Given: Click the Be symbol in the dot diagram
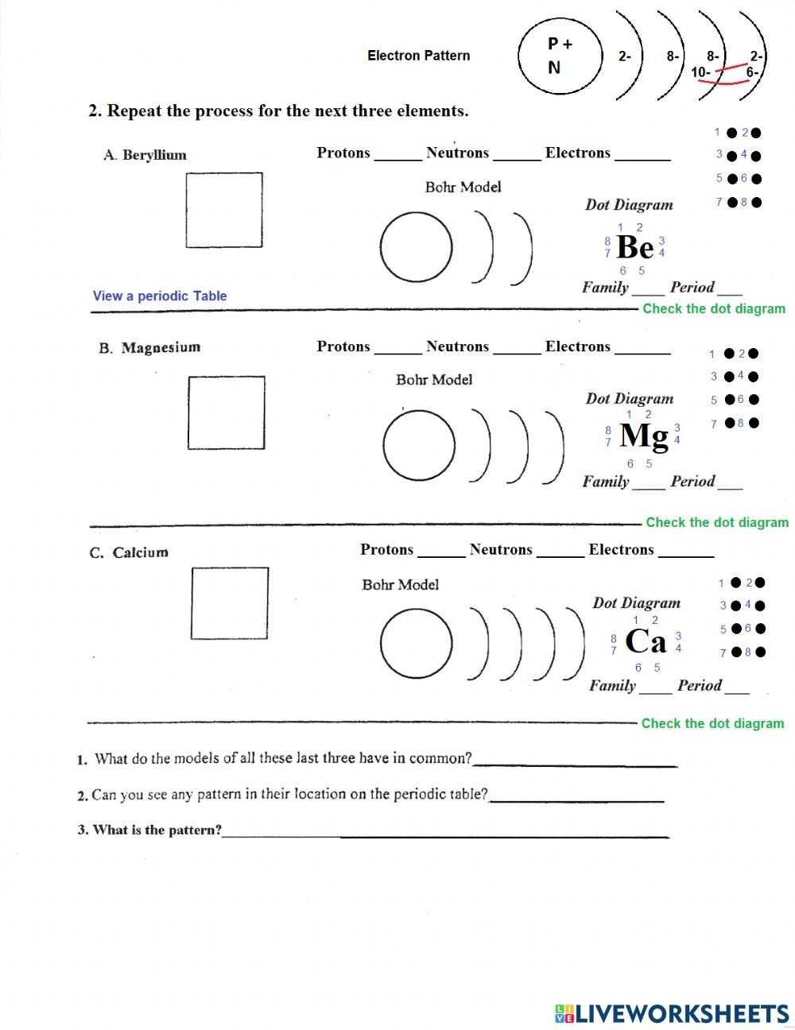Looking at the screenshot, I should coord(634,248).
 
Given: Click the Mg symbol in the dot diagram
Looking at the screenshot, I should coord(643,436).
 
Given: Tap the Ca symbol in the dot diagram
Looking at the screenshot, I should coord(646,641).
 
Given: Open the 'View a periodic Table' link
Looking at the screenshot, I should coord(160,296).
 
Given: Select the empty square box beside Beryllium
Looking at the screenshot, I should coord(224,210).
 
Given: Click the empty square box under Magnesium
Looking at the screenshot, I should coord(227,412).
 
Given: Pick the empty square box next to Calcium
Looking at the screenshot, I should coord(230,603).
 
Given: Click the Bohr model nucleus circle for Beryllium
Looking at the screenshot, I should coord(417,247).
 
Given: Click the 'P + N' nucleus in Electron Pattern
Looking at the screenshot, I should coord(557,56).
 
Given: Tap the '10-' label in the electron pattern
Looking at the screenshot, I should coord(700,72).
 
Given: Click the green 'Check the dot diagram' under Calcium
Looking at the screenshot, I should coord(712,723).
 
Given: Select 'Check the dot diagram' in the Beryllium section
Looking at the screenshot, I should coord(713,308).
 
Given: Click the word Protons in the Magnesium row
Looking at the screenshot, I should coord(343,347).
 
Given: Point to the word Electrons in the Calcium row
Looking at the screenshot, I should coord(621,549).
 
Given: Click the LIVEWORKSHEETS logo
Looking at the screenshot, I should coord(672,1013).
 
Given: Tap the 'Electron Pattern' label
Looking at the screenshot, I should coord(418,56).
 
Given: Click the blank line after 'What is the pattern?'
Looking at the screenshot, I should coord(445,834).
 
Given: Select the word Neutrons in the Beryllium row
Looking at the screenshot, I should coord(457,153).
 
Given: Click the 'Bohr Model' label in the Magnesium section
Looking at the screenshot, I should coord(434,380).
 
